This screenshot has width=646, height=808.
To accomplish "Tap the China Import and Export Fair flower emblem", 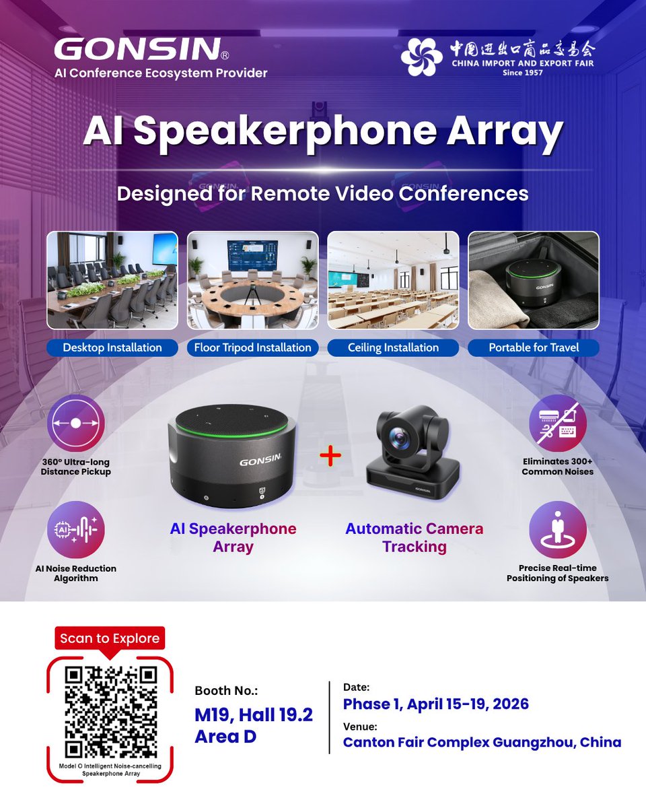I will [x=422, y=57].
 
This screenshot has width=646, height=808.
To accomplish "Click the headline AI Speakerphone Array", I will [x=322, y=131].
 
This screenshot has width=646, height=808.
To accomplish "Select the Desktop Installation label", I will [x=112, y=347].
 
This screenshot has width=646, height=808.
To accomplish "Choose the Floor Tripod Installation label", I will [x=252, y=347].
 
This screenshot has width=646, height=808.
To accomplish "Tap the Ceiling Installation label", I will [x=393, y=347].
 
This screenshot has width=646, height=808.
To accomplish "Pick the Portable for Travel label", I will [x=534, y=347].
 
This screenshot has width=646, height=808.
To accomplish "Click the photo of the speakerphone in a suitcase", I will [x=534, y=280].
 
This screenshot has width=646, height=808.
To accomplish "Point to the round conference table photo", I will [x=252, y=280].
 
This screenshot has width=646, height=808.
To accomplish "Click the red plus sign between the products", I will [x=330, y=456].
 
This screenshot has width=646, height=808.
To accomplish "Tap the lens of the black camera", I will [x=403, y=439].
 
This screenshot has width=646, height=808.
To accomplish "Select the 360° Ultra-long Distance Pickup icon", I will [x=76, y=423].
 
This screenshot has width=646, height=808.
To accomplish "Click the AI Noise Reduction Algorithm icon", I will [x=76, y=529].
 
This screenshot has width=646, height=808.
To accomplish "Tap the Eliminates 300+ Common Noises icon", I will [x=557, y=423].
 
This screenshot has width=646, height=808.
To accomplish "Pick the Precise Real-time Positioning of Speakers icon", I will [x=557, y=529].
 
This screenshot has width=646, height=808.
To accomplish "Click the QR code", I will [x=111, y=711].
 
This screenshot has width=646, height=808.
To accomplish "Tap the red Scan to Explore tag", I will [x=110, y=638].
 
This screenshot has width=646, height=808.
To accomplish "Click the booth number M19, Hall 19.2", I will [x=254, y=714].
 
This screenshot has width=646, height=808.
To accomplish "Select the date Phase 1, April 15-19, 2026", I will [x=435, y=704].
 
